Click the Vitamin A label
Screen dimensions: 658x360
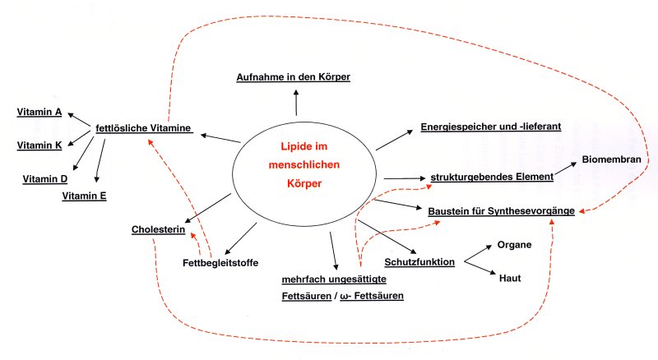click(39, 112)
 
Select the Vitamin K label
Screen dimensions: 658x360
click(39, 145)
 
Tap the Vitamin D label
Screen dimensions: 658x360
click(45, 179)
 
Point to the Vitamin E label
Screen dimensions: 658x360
click(85, 196)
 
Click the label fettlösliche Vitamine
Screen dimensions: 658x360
click(143, 128)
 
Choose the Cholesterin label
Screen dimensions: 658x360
click(158, 229)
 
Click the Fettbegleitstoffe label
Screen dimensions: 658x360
click(220, 263)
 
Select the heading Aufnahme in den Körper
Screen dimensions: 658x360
click(294, 77)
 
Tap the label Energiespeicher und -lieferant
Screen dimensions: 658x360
click(491, 127)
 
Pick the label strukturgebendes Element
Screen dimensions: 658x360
click(492, 177)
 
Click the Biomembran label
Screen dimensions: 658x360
click(611, 159)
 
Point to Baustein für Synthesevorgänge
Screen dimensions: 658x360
click(502, 211)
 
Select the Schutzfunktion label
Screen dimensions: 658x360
click(419, 262)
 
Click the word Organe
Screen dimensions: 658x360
click(515, 245)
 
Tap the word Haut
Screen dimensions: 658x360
click(510, 278)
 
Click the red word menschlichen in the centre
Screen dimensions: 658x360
click(304, 164)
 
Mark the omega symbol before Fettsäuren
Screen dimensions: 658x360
click(345, 297)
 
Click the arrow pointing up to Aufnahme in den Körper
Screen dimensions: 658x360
click(296, 103)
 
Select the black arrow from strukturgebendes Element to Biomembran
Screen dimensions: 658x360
click(565, 168)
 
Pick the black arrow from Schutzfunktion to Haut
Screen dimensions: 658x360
click(480, 268)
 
